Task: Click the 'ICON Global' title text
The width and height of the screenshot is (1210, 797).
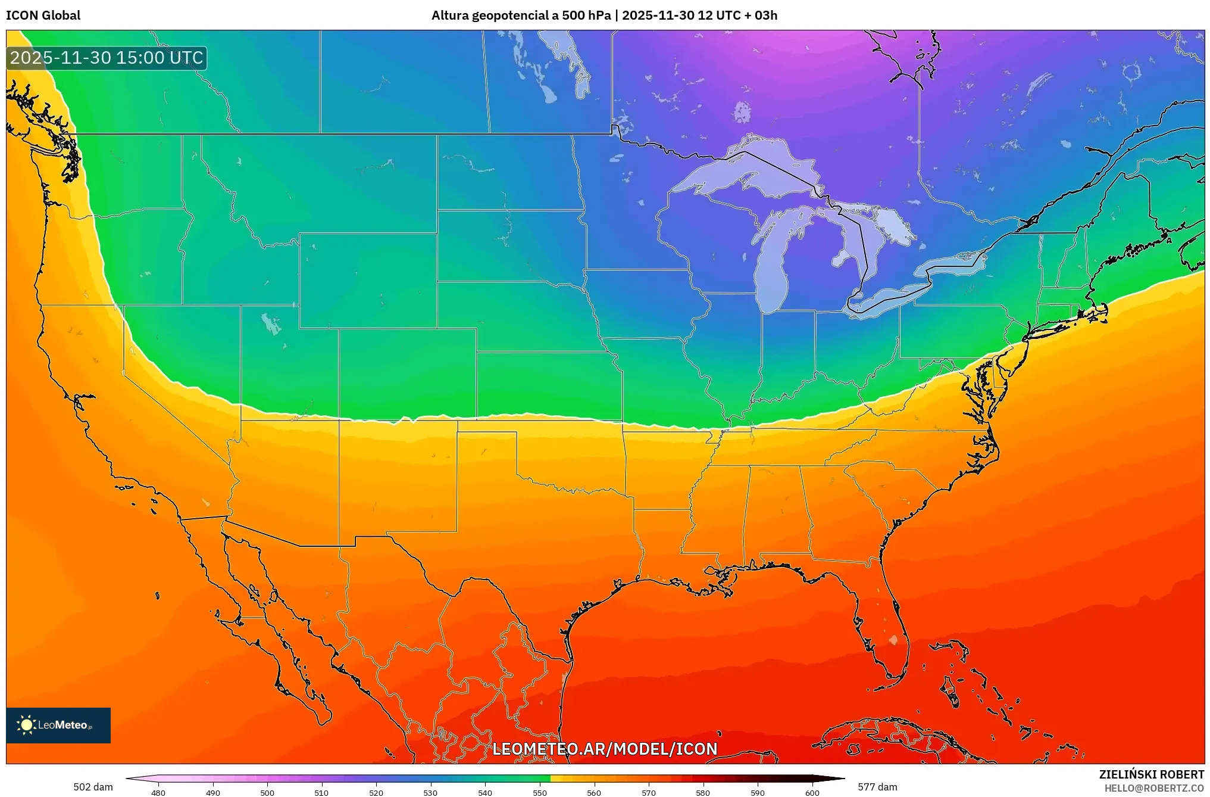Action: click(43, 15)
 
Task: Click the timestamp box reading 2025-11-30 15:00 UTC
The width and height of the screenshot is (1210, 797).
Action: click(107, 58)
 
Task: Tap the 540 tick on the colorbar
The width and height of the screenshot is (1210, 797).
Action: click(485, 792)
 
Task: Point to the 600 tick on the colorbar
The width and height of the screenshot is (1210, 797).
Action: click(812, 792)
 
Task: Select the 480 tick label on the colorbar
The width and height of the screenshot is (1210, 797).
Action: click(158, 793)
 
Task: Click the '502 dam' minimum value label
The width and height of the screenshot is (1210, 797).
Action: click(93, 787)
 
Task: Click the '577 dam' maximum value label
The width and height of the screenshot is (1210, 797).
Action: click(877, 787)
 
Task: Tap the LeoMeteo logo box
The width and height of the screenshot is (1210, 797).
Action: click(58, 725)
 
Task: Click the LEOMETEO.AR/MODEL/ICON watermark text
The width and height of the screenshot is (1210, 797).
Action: click(605, 749)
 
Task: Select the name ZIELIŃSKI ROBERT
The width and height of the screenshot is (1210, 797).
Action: click(1151, 774)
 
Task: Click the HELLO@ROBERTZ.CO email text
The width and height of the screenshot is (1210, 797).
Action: click(1154, 788)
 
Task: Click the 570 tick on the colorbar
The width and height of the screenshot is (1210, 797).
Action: click(648, 792)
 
